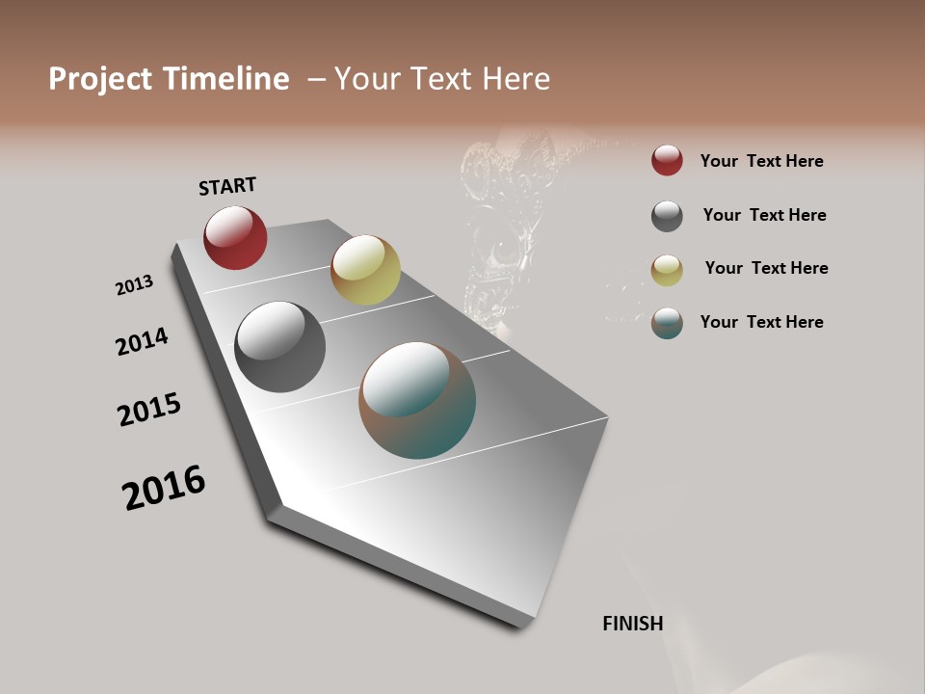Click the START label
coord(227,186)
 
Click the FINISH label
coord(633,624)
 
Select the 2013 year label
coord(134,285)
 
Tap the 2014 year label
coord(142,342)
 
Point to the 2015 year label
coord(149,410)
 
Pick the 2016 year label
coord(164,488)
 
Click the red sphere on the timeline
coord(235,237)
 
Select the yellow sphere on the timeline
coord(365,270)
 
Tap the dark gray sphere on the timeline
coord(280,347)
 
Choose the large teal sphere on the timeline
coord(417,400)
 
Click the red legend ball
coord(667,160)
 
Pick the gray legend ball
coord(667,216)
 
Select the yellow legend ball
coord(667,270)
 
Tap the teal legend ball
coord(667,323)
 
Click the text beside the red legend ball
coord(761,161)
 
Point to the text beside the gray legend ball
coord(764,215)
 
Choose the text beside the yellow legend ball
coord(766,268)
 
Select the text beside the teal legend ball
coord(761,322)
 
